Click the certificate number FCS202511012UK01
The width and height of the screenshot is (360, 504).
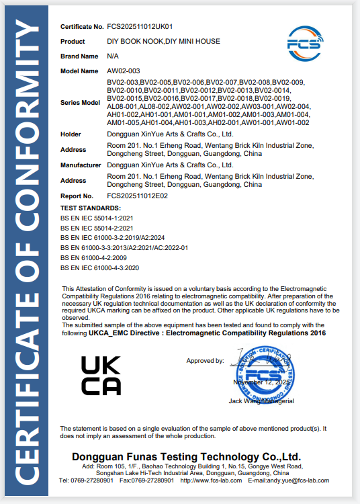140,27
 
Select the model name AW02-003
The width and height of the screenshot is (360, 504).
123,70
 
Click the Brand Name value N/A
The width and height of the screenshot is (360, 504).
113,56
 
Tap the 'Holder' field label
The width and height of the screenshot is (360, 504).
71,134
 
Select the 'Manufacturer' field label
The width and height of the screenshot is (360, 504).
81,164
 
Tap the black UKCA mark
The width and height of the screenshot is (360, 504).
101,375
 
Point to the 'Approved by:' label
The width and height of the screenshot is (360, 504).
205,361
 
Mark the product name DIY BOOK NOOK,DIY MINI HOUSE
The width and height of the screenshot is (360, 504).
163,42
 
